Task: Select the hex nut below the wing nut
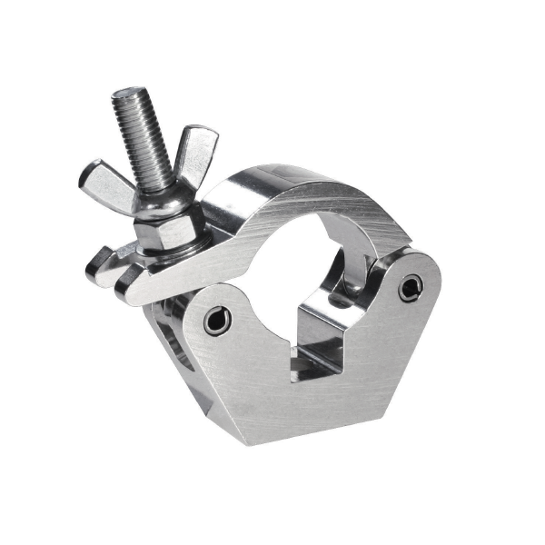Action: [x=163, y=227]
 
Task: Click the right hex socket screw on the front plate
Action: [x=411, y=287]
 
